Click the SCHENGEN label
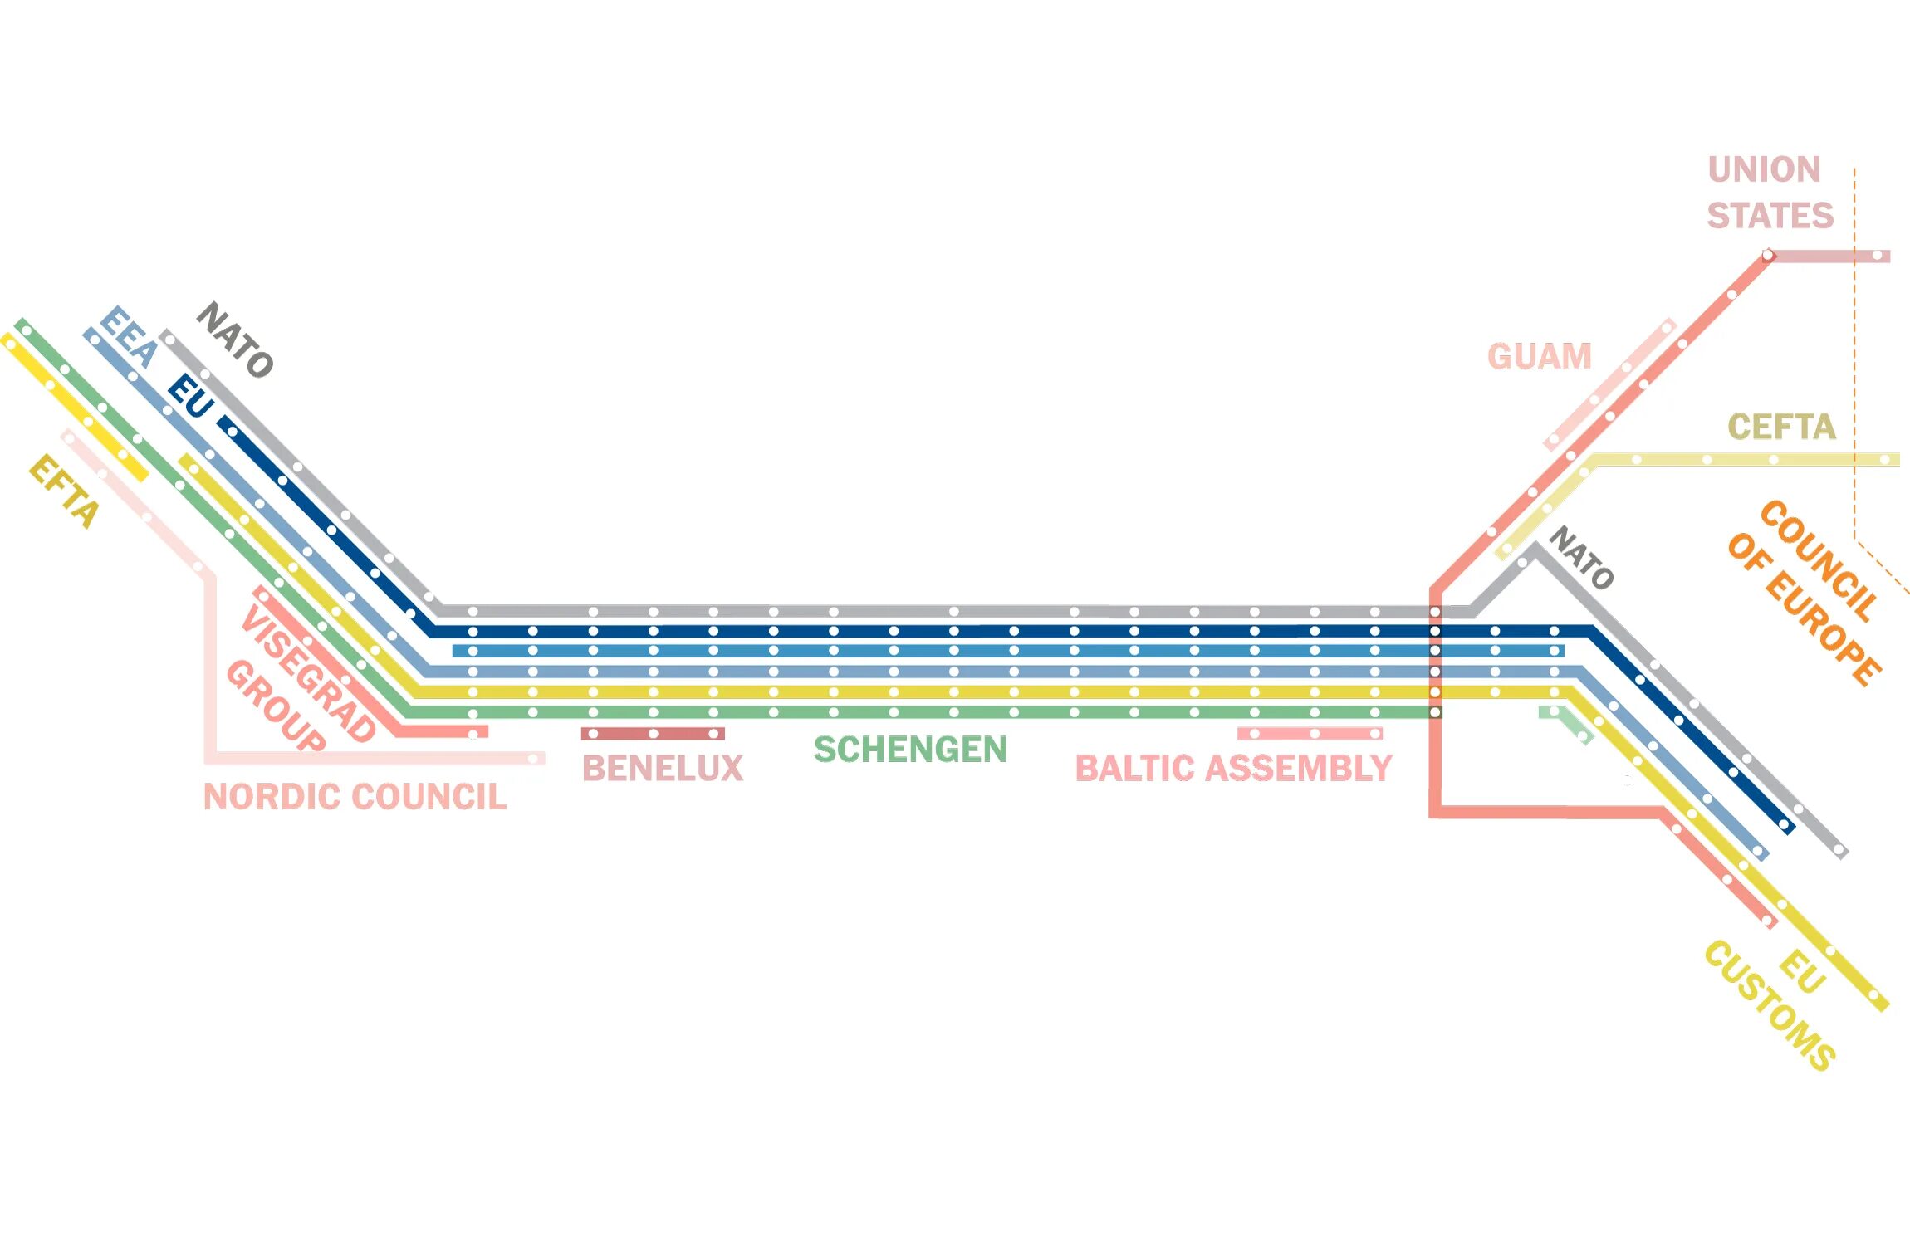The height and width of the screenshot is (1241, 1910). tap(910, 750)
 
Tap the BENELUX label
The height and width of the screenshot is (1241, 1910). tap(662, 769)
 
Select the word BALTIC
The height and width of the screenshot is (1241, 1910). tap(1134, 769)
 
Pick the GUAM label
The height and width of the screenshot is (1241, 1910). tap(1539, 357)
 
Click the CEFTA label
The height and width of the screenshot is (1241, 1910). tap(1781, 427)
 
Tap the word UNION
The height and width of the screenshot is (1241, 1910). tap(1764, 169)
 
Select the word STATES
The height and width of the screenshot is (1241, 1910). tap(1770, 216)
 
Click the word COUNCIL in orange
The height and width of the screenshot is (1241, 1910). tap(1819, 560)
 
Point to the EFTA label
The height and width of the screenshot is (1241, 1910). tap(64, 491)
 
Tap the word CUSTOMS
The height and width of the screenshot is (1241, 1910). tap(1769, 1005)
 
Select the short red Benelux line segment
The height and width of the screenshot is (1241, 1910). tap(653, 734)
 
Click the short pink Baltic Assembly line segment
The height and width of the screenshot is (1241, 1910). tap(1310, 734)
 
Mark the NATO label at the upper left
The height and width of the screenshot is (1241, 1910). tap(235, 340)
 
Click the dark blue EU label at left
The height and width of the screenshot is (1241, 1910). tap(191, 397)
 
